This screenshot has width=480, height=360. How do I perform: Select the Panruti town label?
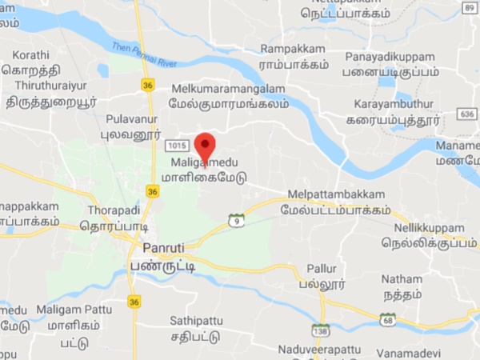tap(165, 248)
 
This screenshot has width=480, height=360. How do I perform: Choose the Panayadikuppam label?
tap(390, 58)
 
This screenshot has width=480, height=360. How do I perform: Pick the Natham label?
tap(402, 279)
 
